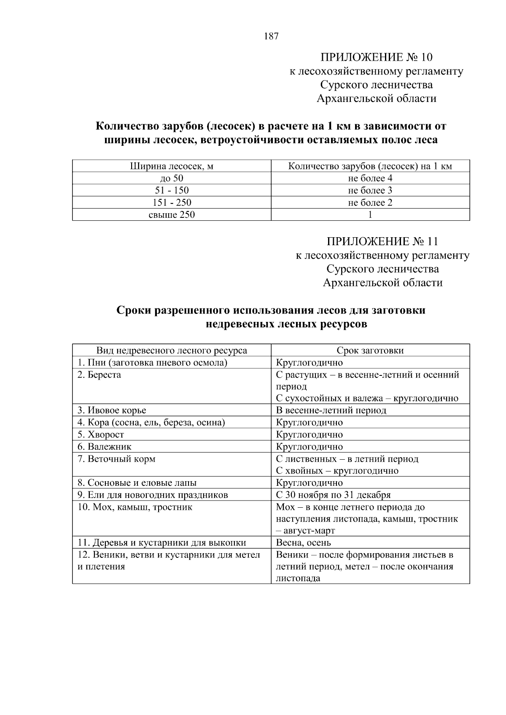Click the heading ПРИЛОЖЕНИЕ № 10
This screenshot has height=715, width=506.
click(376, 57)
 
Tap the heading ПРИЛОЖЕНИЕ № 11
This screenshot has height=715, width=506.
click(382, 241)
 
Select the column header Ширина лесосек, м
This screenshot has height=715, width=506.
click(171, 166)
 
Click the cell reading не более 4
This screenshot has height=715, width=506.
click(370, 178)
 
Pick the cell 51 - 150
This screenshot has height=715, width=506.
click(172, 190)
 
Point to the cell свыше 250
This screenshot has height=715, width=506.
click(172, 215)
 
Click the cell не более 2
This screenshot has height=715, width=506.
click(370, 203)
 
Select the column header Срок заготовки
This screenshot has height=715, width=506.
click(370, 351)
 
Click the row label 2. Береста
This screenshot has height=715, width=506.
click(99, 375)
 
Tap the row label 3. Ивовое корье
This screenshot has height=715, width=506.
click(112, 410)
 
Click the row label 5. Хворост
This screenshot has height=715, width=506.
click(101, 434)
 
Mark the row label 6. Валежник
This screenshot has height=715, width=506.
click(104, 447)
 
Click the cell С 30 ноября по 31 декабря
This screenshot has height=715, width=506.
click(333, 495)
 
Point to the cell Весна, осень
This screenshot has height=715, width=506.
click(303, 543)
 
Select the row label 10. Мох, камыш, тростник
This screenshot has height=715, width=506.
click(135, 507)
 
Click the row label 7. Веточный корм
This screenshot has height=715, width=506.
click(116, 459)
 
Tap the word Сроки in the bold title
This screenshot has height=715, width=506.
click(134, 311)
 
